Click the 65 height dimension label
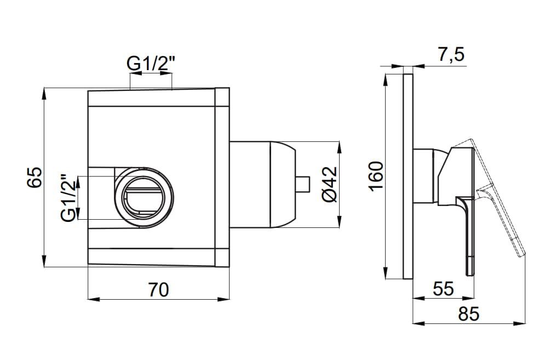pos(35,178)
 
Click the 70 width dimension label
pos(158,289)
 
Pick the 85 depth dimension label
pos(468,314)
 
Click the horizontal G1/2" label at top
pos(151,64)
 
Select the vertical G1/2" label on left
pos(68,198)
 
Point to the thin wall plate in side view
pos(407,175)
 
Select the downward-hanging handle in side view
pos(467,236)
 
